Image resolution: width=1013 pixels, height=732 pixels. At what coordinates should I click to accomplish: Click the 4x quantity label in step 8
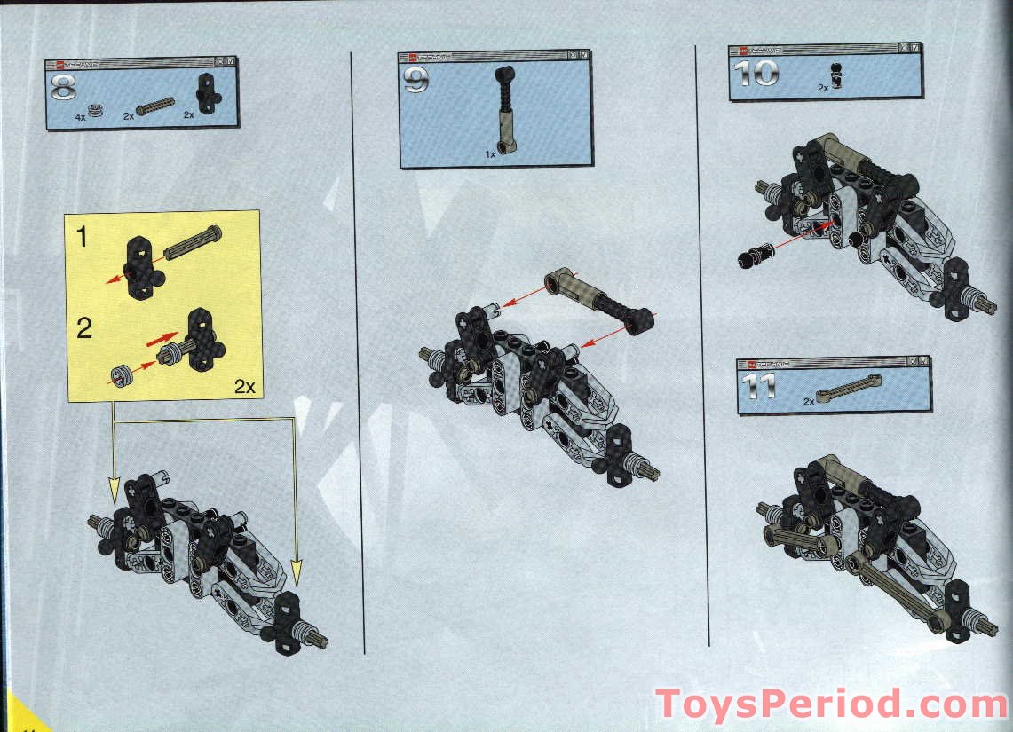81,116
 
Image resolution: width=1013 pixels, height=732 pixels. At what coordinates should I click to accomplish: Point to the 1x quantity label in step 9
489,153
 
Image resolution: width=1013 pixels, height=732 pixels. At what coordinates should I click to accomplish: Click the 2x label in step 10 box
822,88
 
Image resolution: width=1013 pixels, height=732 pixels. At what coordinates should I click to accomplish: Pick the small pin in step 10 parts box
836,77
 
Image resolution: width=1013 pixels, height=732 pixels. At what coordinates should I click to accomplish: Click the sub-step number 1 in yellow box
83,237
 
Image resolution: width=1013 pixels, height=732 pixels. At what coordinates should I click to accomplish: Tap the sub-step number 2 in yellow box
84,329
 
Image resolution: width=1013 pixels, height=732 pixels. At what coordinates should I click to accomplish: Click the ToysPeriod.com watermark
830,704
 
